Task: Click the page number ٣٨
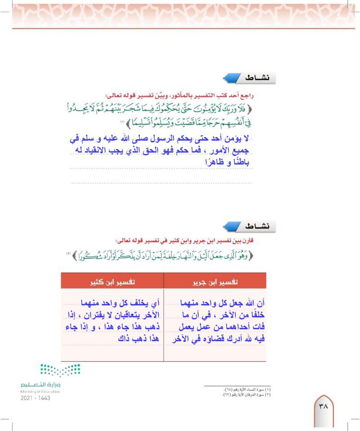pyautogui.click(x=323, y=406)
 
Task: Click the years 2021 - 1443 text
pyautogui.click(x=35, y=398)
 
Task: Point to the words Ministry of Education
pyautogui.click(x=40, y=392)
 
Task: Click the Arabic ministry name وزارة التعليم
pyautogui.click(x=40, y=385)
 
